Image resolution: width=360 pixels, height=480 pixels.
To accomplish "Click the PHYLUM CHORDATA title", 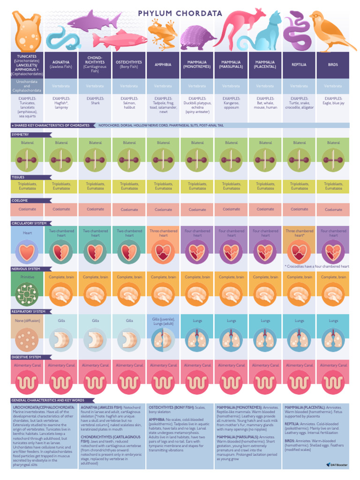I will [180, 14].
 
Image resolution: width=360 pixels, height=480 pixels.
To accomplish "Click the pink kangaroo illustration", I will [238, 26].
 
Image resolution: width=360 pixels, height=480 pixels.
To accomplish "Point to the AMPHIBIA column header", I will [163, 65].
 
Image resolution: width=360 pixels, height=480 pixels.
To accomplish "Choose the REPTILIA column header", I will [299, 65].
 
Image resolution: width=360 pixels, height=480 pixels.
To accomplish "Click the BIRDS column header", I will [333, 65].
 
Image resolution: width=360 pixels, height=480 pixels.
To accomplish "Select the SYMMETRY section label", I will [20, 135].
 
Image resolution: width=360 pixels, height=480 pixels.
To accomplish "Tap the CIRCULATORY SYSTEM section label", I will [29, 223].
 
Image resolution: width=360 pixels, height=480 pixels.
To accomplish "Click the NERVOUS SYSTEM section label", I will [26, 269].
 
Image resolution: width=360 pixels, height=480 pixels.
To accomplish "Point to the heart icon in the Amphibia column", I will [163, 252].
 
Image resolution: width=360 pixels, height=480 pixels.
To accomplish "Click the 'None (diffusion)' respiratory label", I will [27, 321].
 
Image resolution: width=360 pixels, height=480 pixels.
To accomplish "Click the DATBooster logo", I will [337, 465].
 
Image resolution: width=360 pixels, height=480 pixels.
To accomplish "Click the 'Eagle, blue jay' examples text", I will [333, 103].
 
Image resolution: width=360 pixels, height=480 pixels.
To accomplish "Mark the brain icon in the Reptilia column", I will [299, 294].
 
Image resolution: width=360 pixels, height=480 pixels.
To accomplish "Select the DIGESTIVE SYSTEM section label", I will [26, 357].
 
